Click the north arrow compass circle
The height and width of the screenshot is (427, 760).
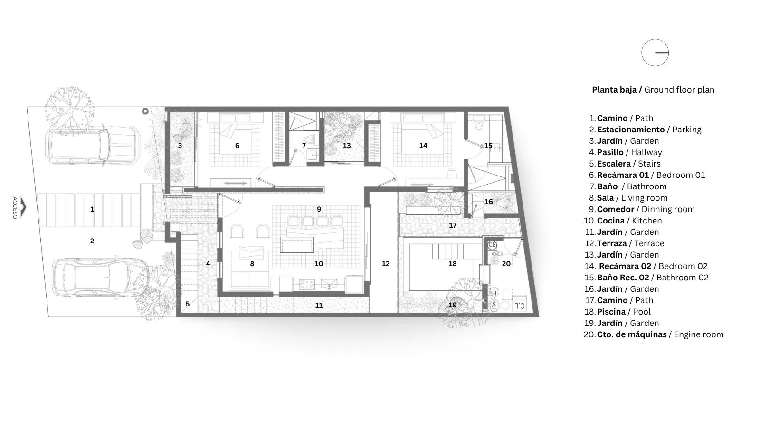pyautogui.click(x=642, y=53)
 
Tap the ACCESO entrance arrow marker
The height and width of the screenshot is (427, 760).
pyautogui.click(x=23, y=207)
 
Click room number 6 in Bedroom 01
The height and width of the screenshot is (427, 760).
pyautogui.click(x=237, y=146)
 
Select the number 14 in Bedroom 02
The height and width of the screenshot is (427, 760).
pyautogui.click(x=423, y=146)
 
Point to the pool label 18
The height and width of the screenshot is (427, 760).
pyautogui.click(x=453, y=264)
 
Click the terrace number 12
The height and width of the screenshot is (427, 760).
pyautogui.click(x=386, y=264)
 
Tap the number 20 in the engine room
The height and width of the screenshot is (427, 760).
pyautogui.click(x=506, y=264)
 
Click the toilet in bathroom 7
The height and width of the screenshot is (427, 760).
pyautogui.click(x=309, y=139)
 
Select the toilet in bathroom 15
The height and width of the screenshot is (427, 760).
pyautogui.click(x=478, y=124)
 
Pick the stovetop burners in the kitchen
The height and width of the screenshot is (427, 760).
pyautogui.click(x=307, y=284)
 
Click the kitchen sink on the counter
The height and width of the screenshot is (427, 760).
pyautogui.click(x=329, y=284)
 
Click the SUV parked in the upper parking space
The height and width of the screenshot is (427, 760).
pyautogui.click(x=93, y=145)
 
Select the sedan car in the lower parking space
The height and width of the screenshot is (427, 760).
pyautogui.click(x=100, y=278)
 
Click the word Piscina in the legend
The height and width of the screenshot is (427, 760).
pyautogui.click(x=611, y=312)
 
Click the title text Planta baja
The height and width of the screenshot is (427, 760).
pyautogui.click(x=615, y=90)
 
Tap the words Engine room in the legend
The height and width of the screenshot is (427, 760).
pyautogui.click(x=699, y=335)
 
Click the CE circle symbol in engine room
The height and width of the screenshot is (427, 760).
pyautogui.click(x=492, y=245)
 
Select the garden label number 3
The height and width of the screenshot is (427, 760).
pyautogui.click(x=180, y=146)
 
